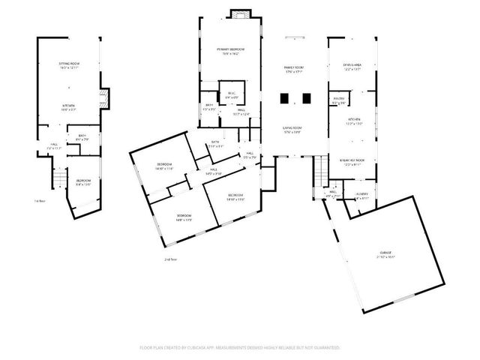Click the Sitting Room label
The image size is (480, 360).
(x=69, y=67)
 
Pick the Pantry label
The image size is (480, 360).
(x=340, y=99)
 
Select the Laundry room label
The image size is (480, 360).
(x=361, y=193)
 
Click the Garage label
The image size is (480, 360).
(x=386, y=253)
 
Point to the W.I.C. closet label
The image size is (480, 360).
(x=232, y=96)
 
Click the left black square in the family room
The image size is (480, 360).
(x=283, y=97)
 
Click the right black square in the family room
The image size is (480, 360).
(x=305, y=97)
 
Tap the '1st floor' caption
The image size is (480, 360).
(x=40, y=201)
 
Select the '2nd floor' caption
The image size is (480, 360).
(x=171, y=259)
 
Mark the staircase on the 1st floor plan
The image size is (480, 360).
(x=59, y=178)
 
